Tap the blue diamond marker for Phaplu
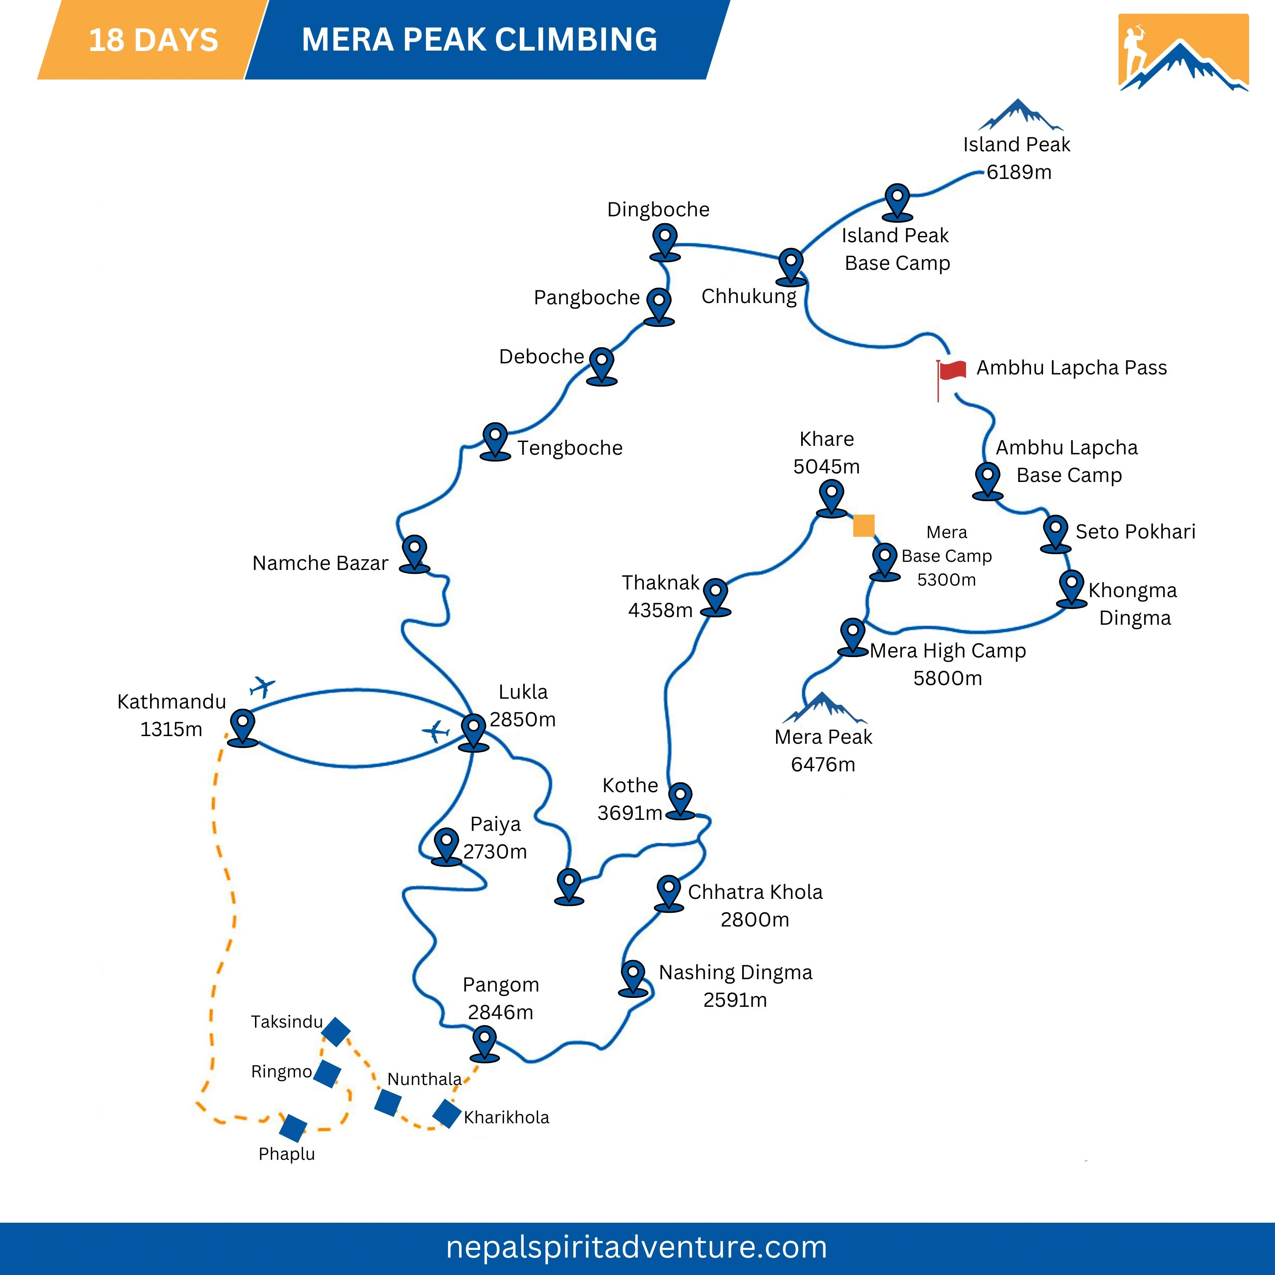coord(293,1128)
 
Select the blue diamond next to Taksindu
coord(335,1031)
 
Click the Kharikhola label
coord(506,1117)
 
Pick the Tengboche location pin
coord(496,440)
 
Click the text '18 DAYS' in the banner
coord(153,40)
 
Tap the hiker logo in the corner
coord(1183,52)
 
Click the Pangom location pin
coord(485,1042)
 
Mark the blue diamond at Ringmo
coord(327,1074)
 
